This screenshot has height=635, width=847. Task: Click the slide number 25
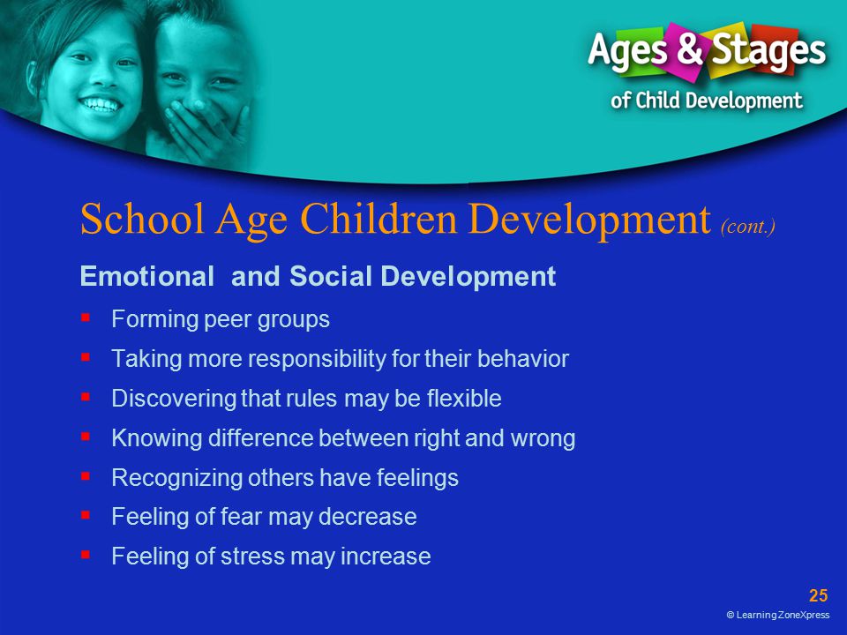(x=819, y=595)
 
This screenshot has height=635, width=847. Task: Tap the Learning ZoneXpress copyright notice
(x=778, y=615)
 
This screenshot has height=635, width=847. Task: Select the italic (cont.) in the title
(x=748, y=226)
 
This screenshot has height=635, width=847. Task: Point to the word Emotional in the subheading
(x=147, y=276)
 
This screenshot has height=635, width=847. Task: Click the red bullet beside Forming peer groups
(x=86, y=317)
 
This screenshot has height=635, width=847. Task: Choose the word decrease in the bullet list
(x=367, y=517)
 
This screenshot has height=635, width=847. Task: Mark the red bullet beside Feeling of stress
(x=86, y=554)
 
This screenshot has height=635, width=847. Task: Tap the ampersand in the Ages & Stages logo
(x=689, y=48)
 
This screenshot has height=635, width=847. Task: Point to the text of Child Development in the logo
(x=706, y=101)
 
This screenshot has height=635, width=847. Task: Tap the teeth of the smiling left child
(x=101, y=104)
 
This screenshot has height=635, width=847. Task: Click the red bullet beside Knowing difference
(x=86, y=436)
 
